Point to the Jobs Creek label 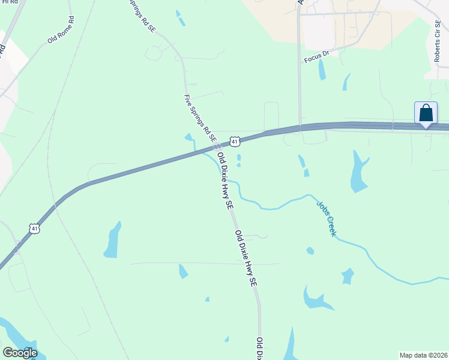[x=327, y=218]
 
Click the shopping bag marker [x=426, y=113]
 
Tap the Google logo [x=20, y=353]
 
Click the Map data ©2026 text [x=424, y=355]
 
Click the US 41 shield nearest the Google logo [x=35, y=229]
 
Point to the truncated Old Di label [x=260, y=349]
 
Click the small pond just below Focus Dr [x=322, y=71]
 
